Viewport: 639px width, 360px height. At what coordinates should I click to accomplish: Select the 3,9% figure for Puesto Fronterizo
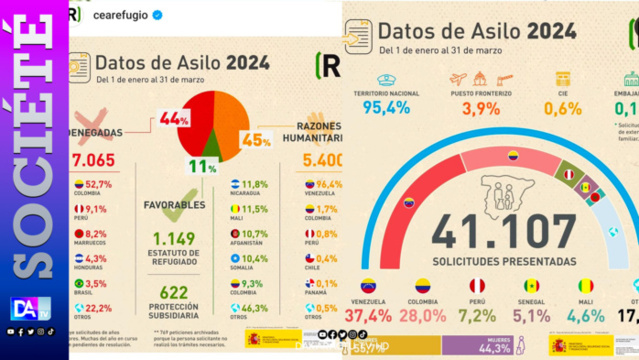(481, 108)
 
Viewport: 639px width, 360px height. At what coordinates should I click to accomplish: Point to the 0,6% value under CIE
(562, 108)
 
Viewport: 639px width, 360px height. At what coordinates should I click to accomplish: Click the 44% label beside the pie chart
(174, 119)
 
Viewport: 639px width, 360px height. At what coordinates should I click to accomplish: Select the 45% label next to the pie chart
(256, 140)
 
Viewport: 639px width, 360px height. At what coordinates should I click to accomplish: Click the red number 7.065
(92, 160)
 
